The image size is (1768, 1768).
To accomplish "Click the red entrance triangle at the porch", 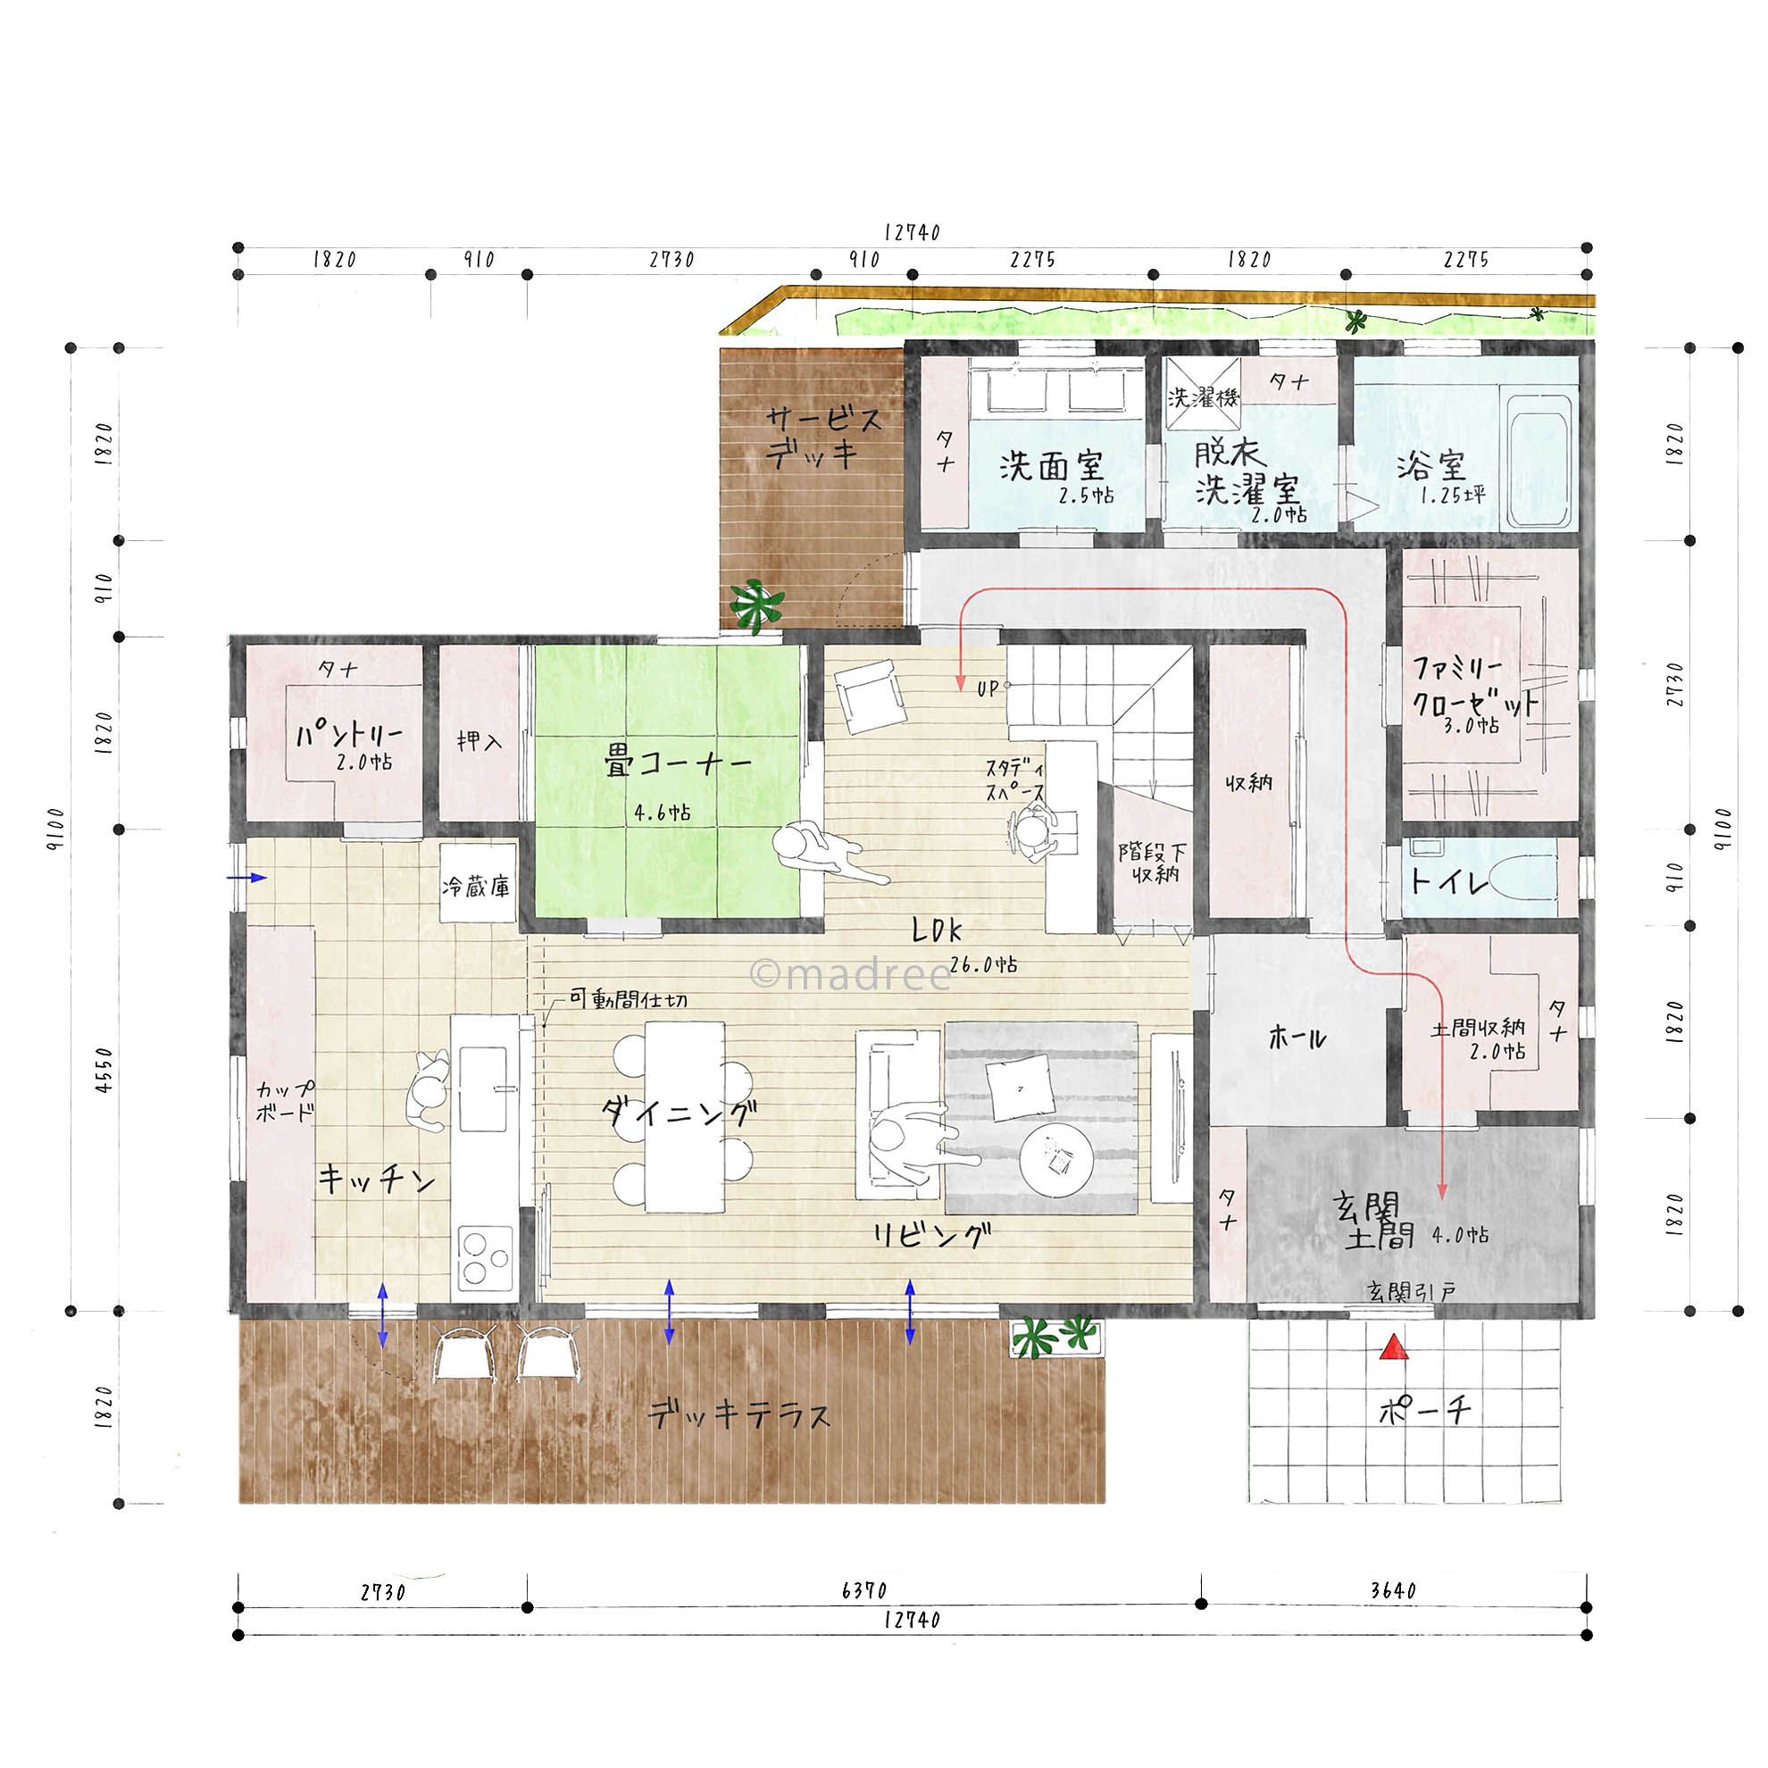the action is point(1394,1347).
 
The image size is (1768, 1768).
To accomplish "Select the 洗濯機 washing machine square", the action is point(1203,396).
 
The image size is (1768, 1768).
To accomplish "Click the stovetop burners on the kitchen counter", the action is point(484,1259).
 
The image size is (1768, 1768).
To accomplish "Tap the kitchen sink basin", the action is point(483,1090).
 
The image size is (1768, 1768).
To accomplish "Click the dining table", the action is point(685,1117).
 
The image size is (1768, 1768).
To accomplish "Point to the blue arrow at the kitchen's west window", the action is point(247,879).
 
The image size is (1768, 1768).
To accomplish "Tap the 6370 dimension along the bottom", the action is point(863,1589).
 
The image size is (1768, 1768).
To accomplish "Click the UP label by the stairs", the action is point(987,688).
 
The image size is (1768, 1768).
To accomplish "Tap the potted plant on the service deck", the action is point(758,605).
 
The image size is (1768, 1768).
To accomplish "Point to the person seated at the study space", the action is point(1036,831).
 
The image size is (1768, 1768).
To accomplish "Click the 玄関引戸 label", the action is point(1411,1291).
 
